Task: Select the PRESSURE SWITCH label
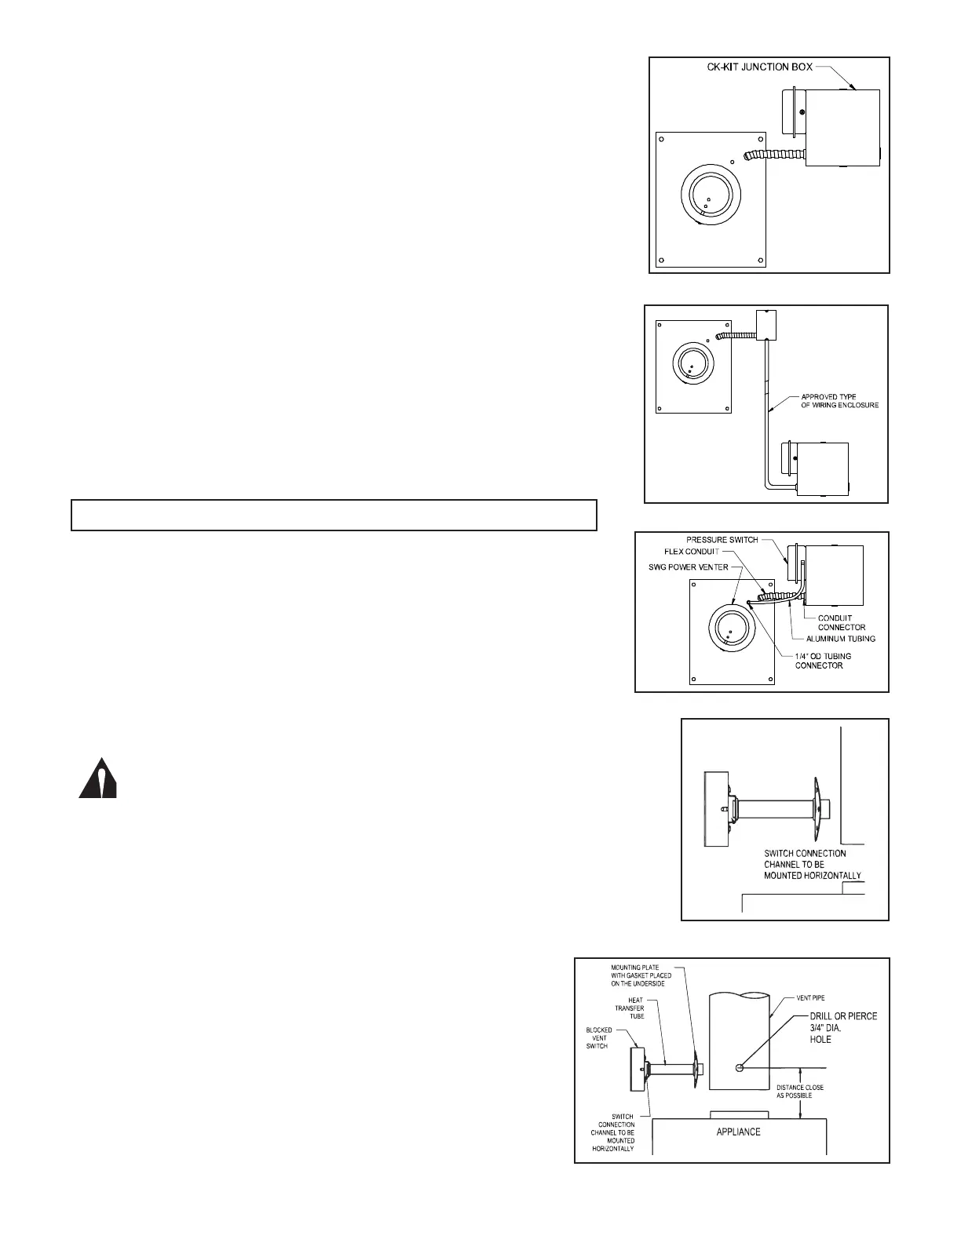click(722, 540)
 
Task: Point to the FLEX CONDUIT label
click(692, 552)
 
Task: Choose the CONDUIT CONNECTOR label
click(842, 622)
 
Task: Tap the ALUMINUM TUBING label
click(840, 639)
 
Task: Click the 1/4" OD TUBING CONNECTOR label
click(823, 661)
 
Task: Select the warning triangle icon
click(98, 779)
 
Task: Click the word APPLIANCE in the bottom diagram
click(738, 1132)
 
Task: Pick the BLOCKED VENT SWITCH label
click(599, 1037)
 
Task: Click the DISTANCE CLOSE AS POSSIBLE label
click(800, 1091)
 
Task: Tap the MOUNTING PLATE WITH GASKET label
click(641, 975)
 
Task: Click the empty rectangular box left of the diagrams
click(334, 515)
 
